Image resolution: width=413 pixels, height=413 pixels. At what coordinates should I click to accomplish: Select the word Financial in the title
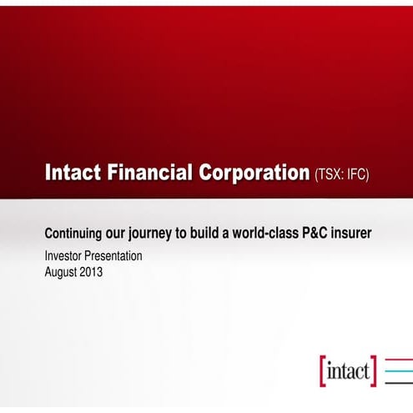[149, 174]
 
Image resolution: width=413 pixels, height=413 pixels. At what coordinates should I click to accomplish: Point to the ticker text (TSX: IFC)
[341, 174]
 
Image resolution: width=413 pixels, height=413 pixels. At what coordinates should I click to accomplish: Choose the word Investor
[64, 256]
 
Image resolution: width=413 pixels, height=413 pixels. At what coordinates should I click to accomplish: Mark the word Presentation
[114, 256]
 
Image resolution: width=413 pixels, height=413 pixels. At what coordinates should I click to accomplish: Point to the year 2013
[92, 271]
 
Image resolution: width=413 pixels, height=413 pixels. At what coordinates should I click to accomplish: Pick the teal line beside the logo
[398, 370]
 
